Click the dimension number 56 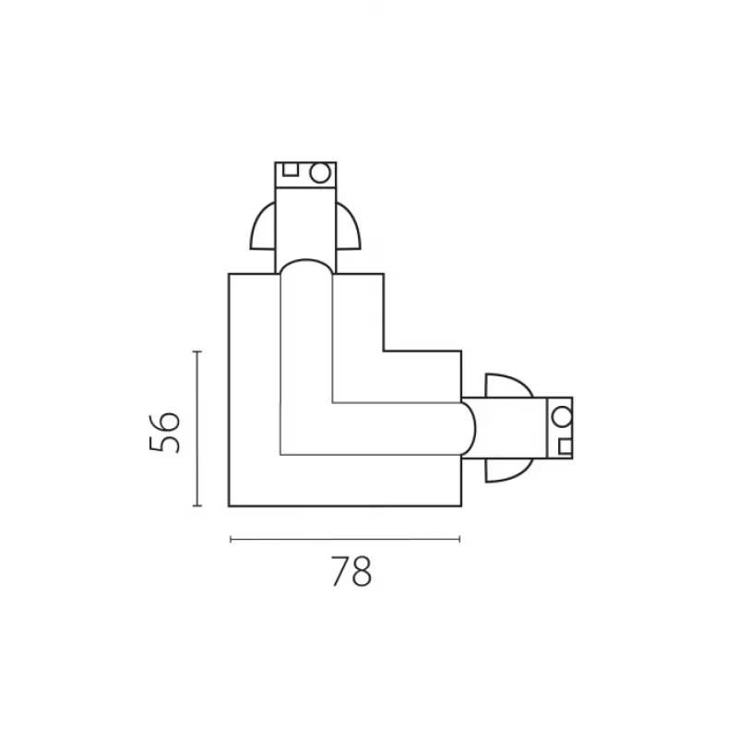(164, 433)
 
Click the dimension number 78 (351, 571)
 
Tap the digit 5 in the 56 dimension (164, 445)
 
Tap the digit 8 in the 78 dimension (362, 571)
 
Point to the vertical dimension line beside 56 (197, 428)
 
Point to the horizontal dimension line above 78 (345, 540)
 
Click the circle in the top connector (319, 173)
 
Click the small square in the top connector (291, 169)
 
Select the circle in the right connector (562, 417)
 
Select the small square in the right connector (565, 446)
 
